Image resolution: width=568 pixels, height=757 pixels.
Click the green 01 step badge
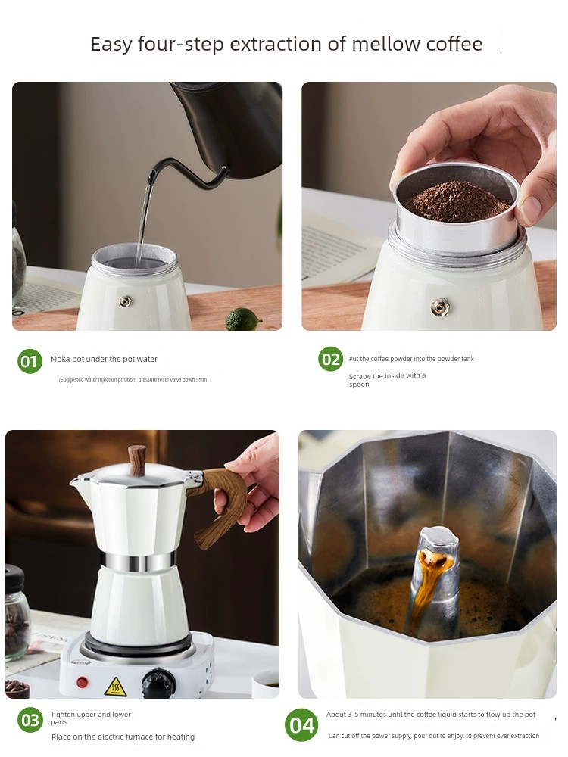[x=30, y=361]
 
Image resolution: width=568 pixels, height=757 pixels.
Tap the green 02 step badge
[x=331, y=359]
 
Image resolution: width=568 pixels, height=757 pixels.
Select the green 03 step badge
[x=30, y=720]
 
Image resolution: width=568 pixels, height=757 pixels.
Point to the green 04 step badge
[x=301, y=725]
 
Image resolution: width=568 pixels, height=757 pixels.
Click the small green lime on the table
[x=243, y=319]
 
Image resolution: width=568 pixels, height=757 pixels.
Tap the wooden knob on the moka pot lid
[x=136, y=459]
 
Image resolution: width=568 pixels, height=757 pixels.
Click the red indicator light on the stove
[x=81, y=681]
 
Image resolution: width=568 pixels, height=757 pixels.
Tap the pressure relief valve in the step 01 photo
[x=125, y=301]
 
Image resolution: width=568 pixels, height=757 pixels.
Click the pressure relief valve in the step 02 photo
[x=439, y=307]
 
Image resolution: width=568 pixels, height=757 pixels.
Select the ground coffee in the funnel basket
[x=456, y=201]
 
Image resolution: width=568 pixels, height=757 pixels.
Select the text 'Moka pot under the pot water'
[x=104, y=359]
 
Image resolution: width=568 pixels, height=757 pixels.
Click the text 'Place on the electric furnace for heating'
[x=123, y=737]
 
